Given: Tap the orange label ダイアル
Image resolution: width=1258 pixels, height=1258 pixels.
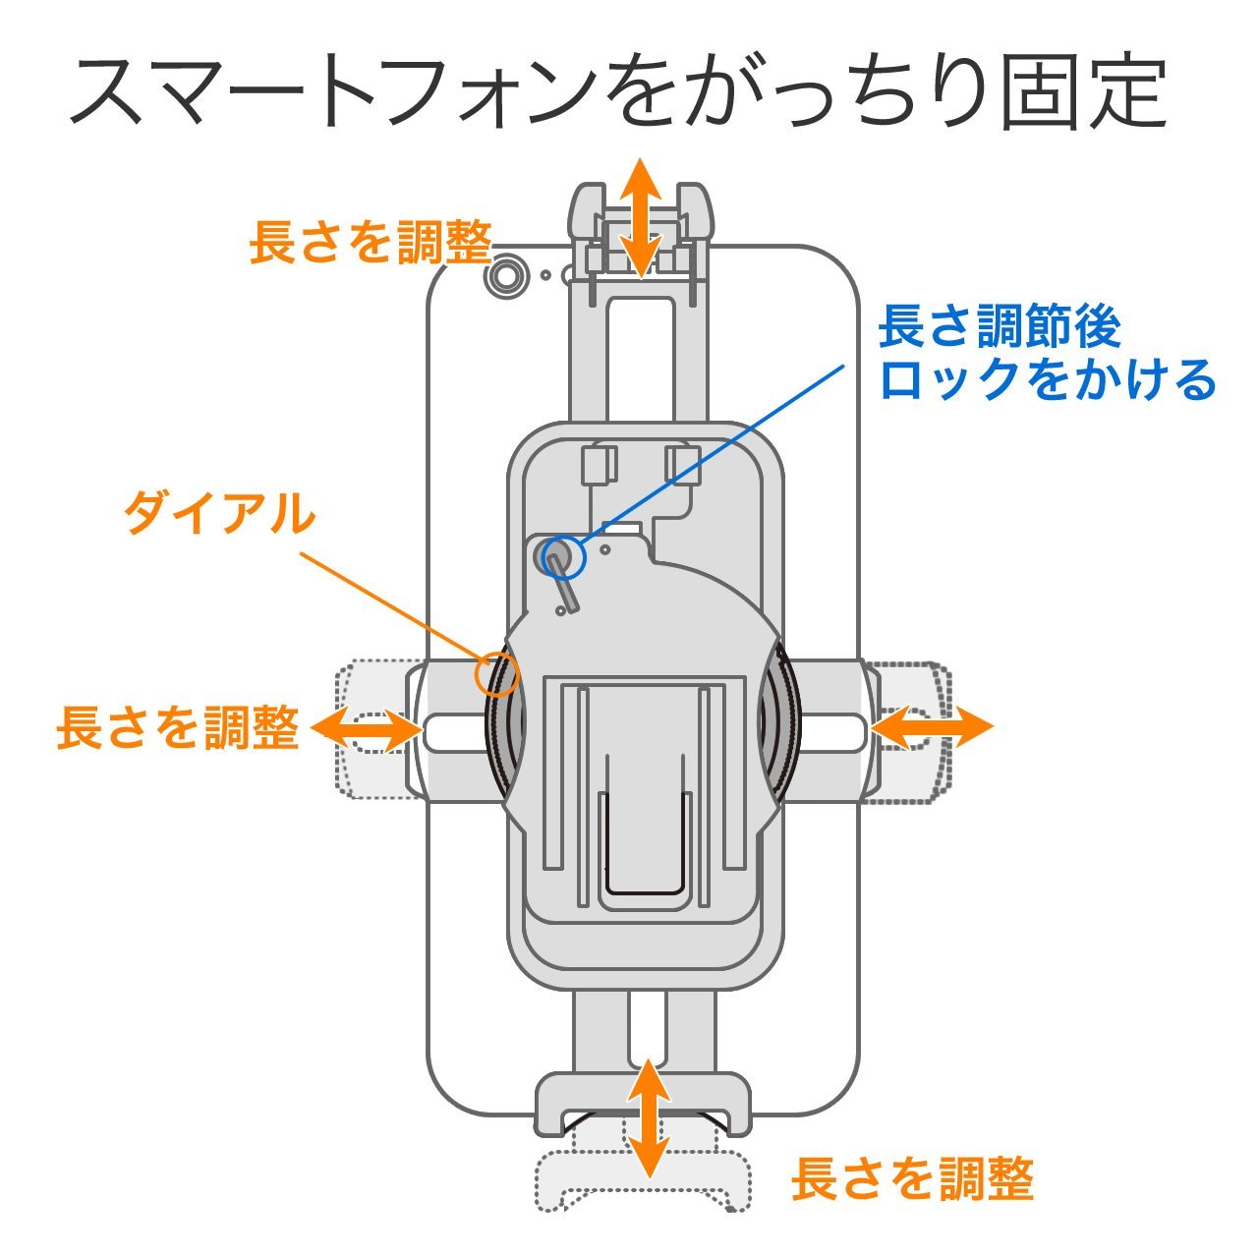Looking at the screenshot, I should click(x=218, y=513).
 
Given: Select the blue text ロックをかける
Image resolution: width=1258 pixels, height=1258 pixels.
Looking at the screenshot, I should click(x=1048, y=379).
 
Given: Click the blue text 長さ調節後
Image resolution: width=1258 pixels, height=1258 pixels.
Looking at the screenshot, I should click(x=999, y=326).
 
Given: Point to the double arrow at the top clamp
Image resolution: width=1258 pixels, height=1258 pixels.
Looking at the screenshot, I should click(x=643, y=217).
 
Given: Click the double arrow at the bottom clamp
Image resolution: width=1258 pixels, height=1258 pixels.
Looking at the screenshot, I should click(x=648, y=1118).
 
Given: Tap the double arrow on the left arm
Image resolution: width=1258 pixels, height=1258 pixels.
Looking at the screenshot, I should click(x=366, y=728).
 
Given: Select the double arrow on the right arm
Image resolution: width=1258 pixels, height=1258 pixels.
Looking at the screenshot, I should click(x=932, y=728).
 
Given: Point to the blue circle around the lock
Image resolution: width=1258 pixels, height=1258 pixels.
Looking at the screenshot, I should click(x=558, y=557).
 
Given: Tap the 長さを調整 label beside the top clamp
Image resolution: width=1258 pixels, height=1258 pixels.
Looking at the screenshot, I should click(x=370, y=242).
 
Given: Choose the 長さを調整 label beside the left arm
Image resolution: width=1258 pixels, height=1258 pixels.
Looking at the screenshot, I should click(x=177, y=728).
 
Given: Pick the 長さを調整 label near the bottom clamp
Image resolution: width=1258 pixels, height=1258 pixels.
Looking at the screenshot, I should click(x=912, y=1178).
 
